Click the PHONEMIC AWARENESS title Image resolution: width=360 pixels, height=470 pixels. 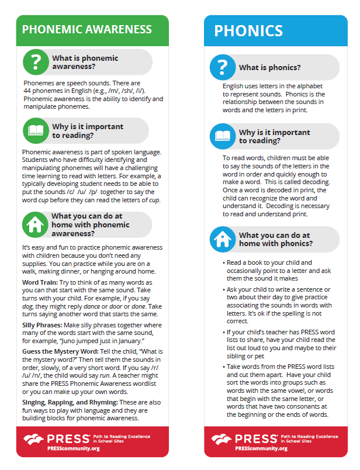coord(86,29)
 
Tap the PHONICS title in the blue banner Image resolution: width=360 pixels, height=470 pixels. coord(248,30)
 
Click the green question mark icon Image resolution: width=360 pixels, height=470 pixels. coord(36,61)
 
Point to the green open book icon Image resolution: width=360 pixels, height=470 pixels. coord(36,130)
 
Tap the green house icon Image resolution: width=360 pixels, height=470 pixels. coord(36,224)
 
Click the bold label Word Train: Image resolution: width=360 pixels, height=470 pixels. coord(39,282)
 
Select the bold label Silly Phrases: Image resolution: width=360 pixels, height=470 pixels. coord(43,326)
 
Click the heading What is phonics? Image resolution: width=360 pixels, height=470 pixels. coord(269,68)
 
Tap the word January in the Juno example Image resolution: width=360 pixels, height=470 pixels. coord(139,340)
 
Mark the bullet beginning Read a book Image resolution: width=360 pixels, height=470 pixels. coord(224,262)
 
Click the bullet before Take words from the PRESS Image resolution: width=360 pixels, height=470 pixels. coord(224,367)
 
